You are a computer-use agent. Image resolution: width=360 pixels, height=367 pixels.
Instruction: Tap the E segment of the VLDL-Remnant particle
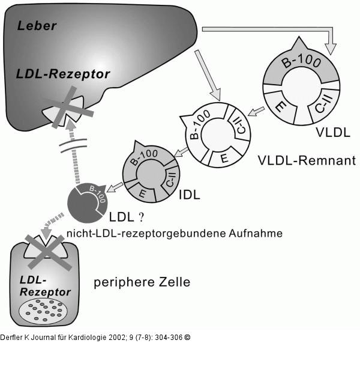pos(223,158)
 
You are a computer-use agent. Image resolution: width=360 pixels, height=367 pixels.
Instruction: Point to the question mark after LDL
pos(142,214)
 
